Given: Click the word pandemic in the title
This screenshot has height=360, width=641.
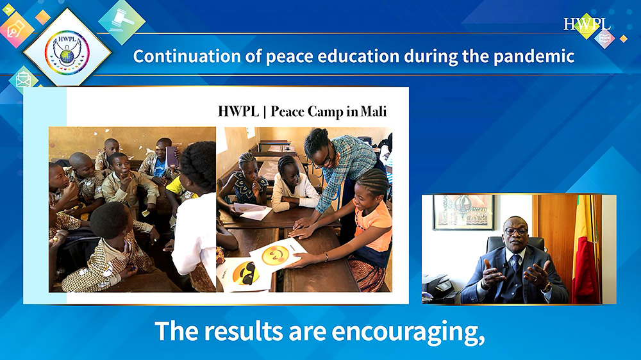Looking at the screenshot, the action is click(534, 56).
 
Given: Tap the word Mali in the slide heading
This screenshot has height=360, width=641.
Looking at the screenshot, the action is click(374, 111).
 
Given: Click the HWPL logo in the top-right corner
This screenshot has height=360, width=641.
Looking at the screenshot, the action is click(587, 24).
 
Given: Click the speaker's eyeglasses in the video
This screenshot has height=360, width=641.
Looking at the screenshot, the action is click(516, 231).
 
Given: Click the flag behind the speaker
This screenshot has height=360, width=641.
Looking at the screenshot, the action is click(585, 249).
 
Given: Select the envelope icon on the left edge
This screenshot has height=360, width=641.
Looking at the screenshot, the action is click(24, 79).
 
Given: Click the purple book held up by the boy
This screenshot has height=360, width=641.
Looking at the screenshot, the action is click(172, 158).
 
